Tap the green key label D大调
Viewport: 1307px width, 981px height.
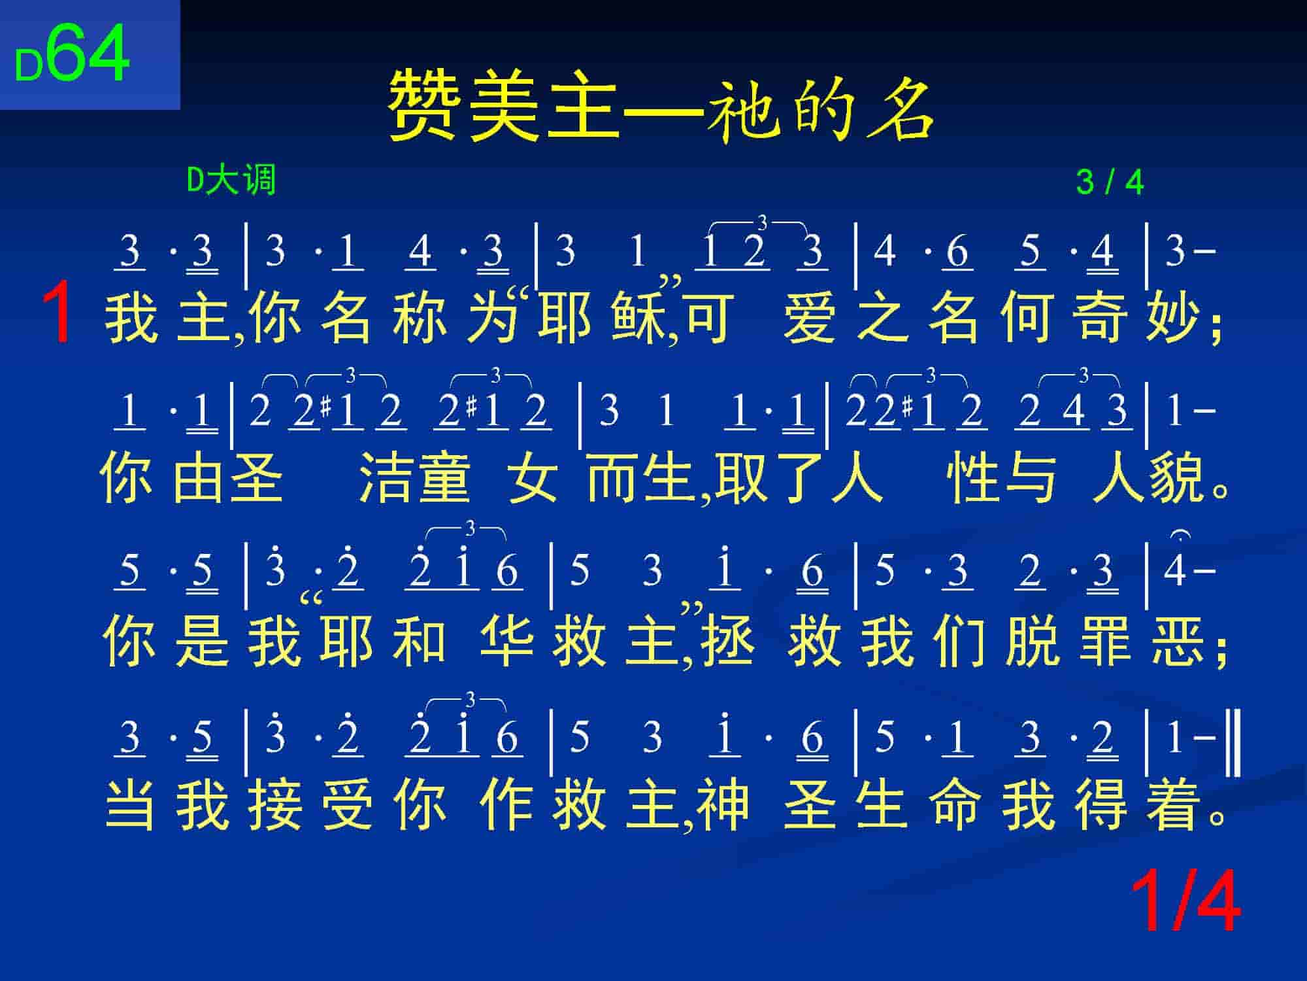coord(231,180)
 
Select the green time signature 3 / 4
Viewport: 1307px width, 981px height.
coord(1110,182)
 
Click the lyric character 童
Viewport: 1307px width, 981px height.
coord(444,478)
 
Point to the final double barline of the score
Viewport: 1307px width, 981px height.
coord(1235,740)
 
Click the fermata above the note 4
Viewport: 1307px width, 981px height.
coord(1181,536)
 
